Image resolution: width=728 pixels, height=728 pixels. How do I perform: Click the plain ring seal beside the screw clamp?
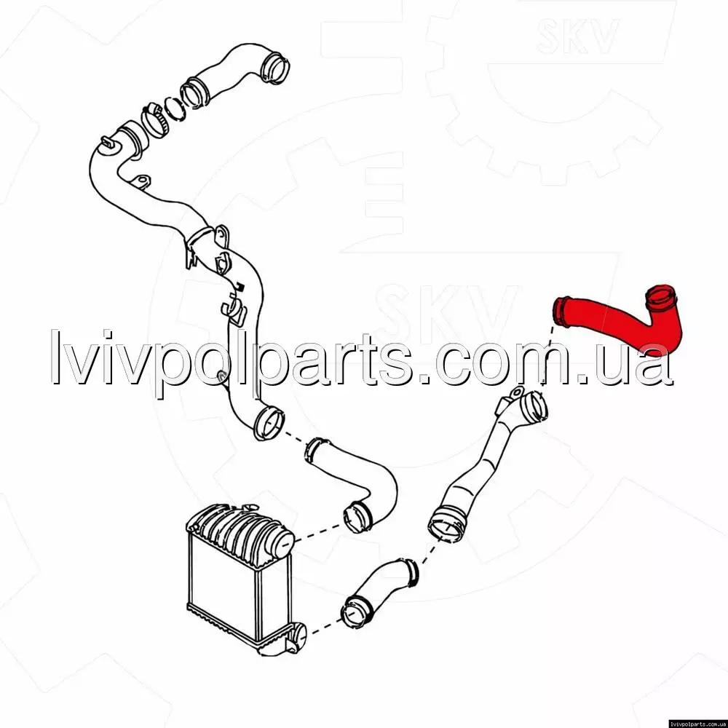[175, 110]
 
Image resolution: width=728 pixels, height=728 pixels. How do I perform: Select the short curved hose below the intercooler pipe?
[379, 593]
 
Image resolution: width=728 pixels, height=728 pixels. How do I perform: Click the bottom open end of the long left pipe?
[269, 424]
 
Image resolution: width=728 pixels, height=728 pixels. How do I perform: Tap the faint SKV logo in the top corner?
[577, 36]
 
